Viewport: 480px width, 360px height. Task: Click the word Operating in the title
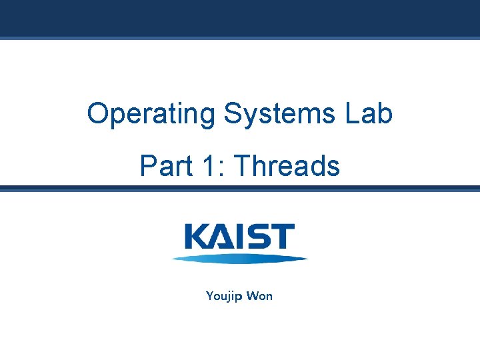tap(151, 115)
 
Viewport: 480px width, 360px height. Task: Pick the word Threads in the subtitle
tap(287, 166)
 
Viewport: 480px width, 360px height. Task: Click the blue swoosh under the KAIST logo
tap(240, 259)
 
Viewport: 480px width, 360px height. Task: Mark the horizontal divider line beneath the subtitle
tap(240, 189)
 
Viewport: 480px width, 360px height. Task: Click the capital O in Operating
tap(97, 114)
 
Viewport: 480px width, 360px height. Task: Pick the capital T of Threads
tap(243, 166)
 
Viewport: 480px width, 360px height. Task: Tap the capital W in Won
tap(251, 295)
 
